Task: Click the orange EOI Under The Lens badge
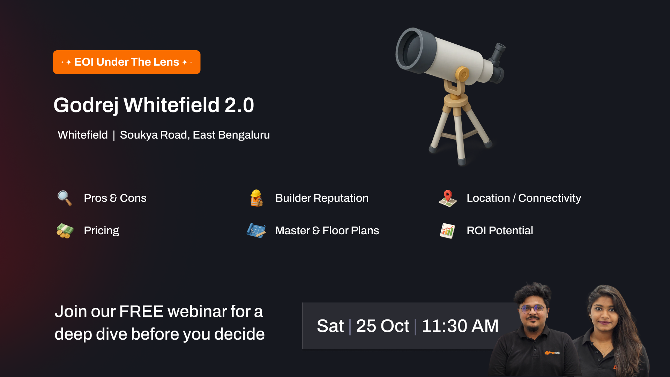pos(127,62)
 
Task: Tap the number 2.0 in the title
pos(239,105)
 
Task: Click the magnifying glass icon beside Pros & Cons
pos(65,198)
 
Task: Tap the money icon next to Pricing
pos(65,231)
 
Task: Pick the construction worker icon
pos(256,198)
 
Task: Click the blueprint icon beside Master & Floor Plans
pos(256,230)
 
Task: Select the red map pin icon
pos(448,198)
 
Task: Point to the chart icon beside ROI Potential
pos(447,231)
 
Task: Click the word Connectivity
pos(550,198)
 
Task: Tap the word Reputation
pos(341,198)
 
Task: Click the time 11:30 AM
pos(460,326)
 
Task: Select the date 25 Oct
pos(383,326)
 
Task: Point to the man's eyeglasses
pos(533,309)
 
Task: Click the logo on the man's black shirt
pos(552,353)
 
